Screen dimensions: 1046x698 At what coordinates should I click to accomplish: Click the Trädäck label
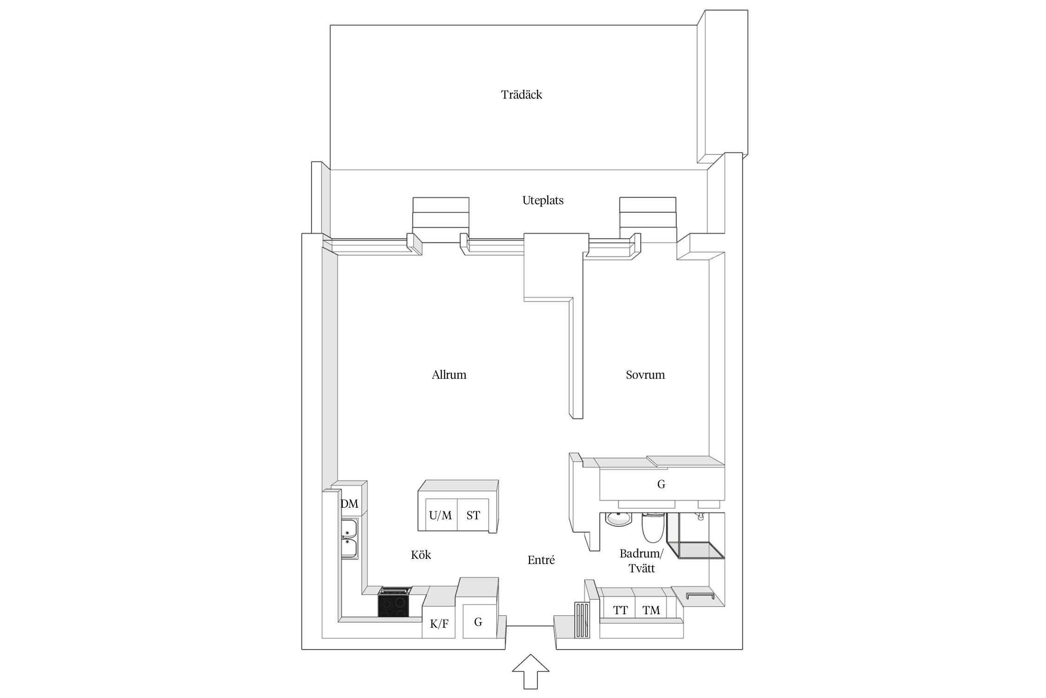[x=522, y=95]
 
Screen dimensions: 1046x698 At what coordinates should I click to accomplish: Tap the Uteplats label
[x=543, y=201]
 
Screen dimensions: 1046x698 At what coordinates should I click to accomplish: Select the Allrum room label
[x=449, y=375]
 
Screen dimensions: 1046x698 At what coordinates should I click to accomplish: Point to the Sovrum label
[x=645, y=375]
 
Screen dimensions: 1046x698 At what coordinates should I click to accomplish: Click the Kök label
[x=421, y=555]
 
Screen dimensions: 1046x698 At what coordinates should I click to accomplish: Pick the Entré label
[x=541, y=560]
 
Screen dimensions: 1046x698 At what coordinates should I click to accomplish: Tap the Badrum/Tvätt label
[x=642, y=561]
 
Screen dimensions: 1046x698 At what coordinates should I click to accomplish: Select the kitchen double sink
[x=350, y=539]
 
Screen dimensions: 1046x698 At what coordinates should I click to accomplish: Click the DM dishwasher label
[x=350, y=503]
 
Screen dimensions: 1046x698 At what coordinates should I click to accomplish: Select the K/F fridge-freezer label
[x=439, y=624]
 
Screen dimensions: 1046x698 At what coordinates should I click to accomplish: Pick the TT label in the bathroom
[x=621, y=610]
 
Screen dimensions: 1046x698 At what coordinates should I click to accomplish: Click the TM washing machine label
[x=651, y=610]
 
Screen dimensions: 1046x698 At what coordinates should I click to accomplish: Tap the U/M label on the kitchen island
[x=440, y=515]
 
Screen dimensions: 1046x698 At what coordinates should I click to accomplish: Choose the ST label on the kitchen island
[x=473, y=515]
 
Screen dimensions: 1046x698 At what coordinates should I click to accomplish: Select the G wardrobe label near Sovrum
[x=661, y=484]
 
